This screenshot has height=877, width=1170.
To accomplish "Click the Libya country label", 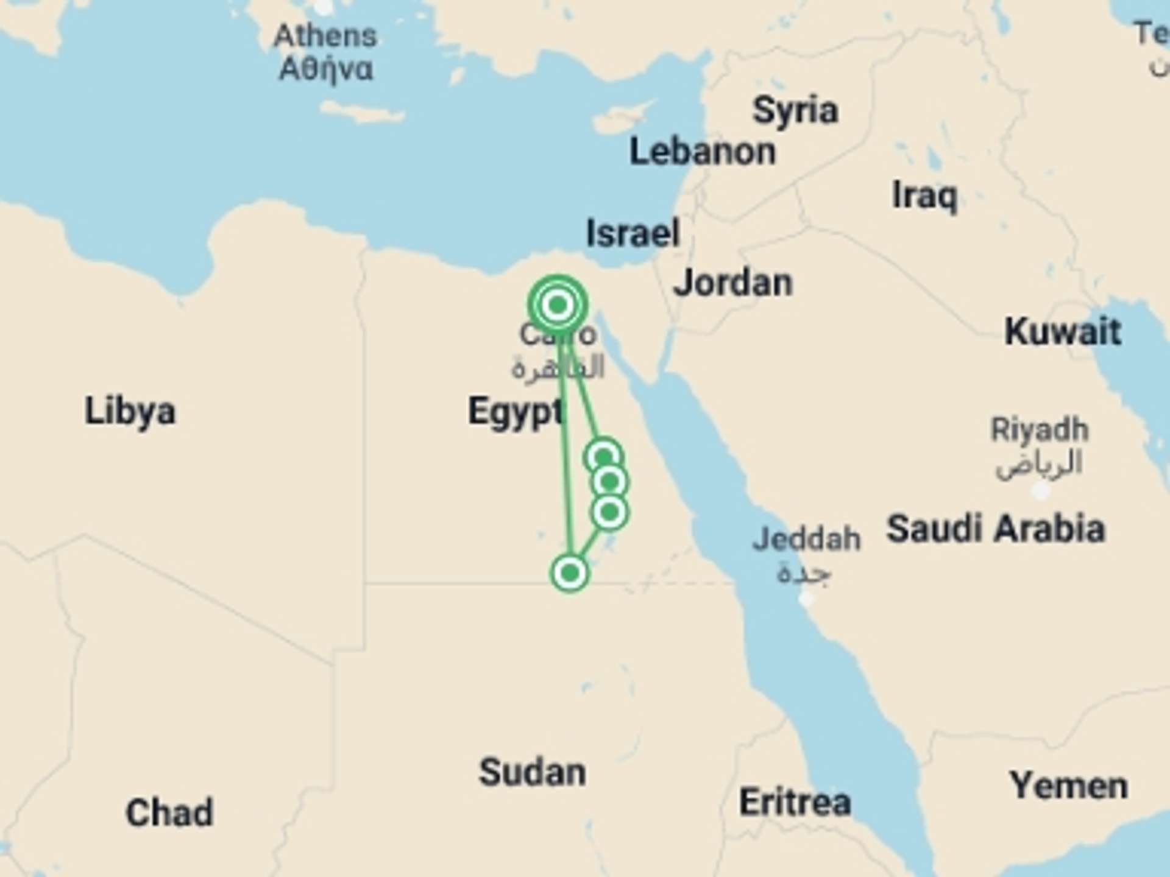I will coord(130,412).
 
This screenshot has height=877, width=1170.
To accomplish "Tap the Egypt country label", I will coord(516,412).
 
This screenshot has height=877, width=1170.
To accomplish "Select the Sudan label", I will coord(532,772).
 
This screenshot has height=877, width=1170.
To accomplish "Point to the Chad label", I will coord(169,812).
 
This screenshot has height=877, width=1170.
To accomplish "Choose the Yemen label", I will coord(1069,786).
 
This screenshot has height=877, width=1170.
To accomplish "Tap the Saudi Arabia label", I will coord(995,528).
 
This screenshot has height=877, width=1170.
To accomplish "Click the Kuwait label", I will coord(1063,332).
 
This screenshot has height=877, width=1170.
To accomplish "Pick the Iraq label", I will coord(924,196).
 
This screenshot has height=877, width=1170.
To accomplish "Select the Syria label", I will coord(795,111).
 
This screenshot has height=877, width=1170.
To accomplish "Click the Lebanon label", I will coord(702,152).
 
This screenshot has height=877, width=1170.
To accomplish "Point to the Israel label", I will coord(633,233).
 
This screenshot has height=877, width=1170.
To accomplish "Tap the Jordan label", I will coord(732,283).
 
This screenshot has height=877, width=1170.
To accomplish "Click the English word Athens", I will coord(325,36).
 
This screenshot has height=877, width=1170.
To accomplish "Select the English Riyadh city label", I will coord(1040,430).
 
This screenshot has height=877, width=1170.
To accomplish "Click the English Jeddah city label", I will coord(806,540).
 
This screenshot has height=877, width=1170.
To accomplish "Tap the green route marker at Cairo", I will coord(558,305).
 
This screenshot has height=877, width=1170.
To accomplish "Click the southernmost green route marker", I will coord(570,573).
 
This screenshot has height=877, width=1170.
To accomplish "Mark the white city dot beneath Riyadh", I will coord(1040,490).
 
